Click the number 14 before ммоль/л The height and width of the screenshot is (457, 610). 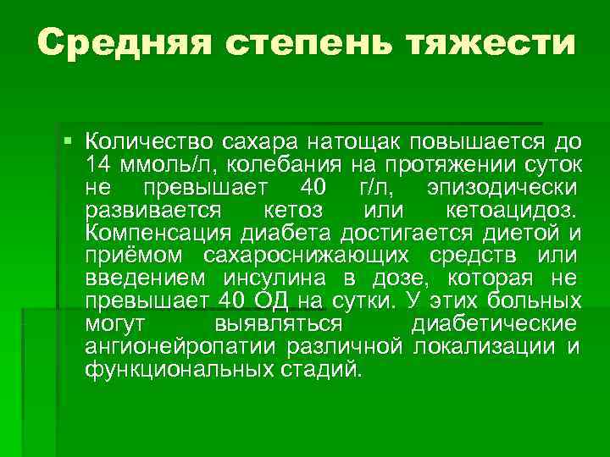(98, 162)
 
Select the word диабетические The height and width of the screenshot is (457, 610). (495, 324)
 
